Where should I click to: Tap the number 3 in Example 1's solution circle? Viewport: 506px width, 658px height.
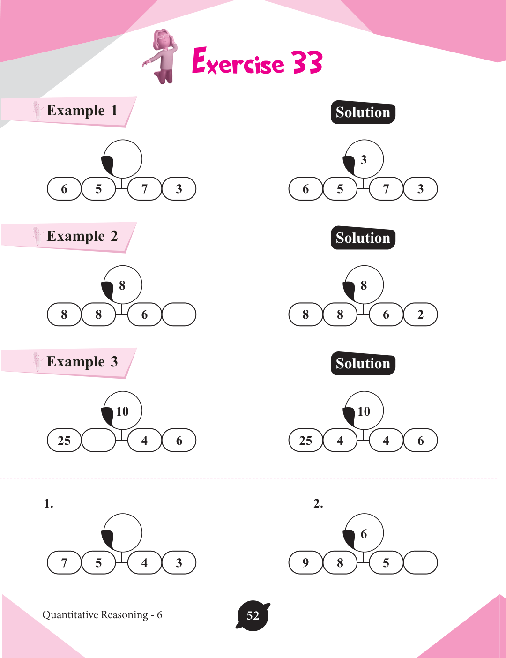[364, 160]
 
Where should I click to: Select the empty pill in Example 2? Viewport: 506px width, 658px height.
[179, 314]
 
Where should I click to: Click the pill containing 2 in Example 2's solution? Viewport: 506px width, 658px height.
[420, 314]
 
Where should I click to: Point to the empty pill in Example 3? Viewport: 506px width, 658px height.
[98, 441]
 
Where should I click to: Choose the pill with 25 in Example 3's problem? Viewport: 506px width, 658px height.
[64, 441]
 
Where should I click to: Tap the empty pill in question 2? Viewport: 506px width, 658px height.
[420, 563]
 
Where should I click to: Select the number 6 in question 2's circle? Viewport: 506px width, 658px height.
[364, 534]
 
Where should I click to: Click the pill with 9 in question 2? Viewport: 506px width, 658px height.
[305, 563]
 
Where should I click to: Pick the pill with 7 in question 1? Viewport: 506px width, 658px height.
[64, 563]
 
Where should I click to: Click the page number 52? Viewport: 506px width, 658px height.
[253, 616]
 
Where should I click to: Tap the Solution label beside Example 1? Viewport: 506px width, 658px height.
[363, 113]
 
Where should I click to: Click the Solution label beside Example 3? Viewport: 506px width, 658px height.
[363, 364]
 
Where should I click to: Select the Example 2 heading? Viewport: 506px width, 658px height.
[82, 236]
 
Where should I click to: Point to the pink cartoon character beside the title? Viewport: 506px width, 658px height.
[162, 56]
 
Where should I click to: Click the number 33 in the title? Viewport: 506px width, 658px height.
[307, 63]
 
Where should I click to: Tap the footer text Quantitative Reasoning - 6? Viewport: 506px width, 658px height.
[102, 615]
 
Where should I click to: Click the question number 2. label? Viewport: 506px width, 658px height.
[318, 504]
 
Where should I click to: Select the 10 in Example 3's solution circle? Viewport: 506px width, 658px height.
[364, 411]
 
